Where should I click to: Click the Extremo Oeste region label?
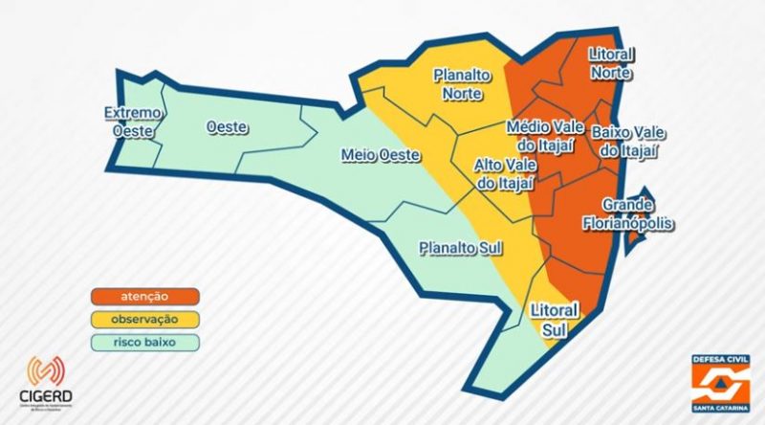pos(133,122)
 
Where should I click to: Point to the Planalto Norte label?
pos(463,83)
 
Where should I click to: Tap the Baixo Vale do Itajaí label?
pos(630,140)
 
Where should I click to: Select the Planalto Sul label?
pos(461,249)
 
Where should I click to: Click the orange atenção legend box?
pos(145,297)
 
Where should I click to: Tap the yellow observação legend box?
pos(145,320)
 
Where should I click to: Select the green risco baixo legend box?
pos(145,343)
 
